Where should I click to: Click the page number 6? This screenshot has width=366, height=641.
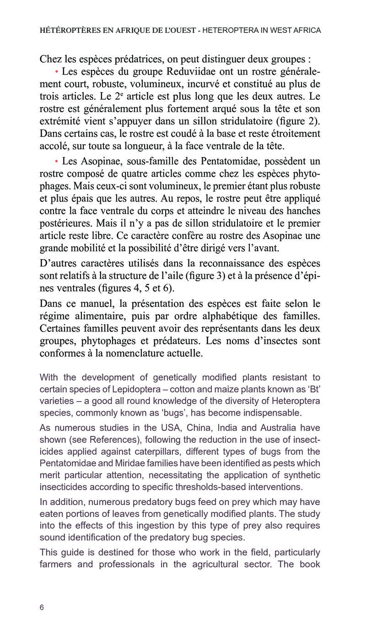click(42, 608)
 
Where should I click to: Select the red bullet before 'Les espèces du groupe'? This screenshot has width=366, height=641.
click(57, 72)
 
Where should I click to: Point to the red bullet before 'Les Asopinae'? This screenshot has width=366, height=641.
click(57, 162)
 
